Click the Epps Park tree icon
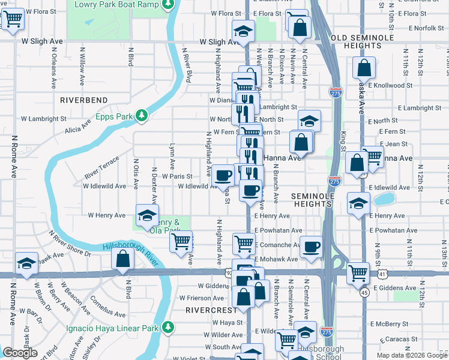(x=142, y=115)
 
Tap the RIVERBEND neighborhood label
(x=83, y=100)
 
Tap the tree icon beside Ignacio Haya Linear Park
(x=169, y=328)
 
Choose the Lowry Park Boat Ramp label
(x=116, y=5)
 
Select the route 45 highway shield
(x=364, y=292)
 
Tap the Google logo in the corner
(x=20, y=353)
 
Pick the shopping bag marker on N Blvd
(x=122, y=260)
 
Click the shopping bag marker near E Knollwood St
(x=364, y=69)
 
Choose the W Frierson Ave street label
(x=201, y=298)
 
